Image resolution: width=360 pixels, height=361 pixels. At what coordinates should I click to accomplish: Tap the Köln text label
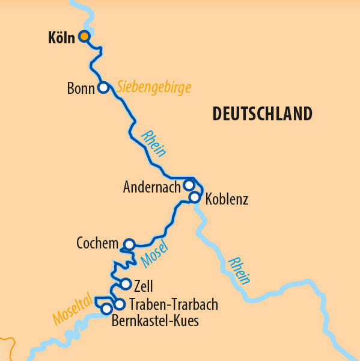click(61, 38)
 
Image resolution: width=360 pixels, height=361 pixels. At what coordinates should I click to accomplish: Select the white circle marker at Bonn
click(103, 88)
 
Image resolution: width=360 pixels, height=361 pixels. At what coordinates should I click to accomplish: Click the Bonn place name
click(81, 89)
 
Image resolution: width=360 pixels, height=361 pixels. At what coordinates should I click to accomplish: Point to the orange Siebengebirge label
click(154, 87)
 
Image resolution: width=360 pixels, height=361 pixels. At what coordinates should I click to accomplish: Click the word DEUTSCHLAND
click(262, 114)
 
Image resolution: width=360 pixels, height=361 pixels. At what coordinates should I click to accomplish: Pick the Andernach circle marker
click(188, 185)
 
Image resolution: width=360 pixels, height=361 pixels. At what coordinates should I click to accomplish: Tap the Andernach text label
click(151, 187)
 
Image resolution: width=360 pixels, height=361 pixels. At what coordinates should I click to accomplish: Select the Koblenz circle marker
click(194, 197)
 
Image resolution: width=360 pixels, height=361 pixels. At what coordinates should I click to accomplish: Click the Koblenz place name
click(227, 199)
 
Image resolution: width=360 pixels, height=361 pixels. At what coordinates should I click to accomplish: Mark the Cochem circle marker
click(129, 244)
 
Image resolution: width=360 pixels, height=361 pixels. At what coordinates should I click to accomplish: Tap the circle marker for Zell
click(126, 284)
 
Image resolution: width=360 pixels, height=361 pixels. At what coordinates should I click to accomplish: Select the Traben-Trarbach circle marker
click(119, 304)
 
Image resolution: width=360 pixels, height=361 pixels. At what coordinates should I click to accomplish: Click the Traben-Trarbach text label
click(174, 304)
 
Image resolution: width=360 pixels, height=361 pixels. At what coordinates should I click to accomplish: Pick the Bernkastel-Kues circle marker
click(106, 309)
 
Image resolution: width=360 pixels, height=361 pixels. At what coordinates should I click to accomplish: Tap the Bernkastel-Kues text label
click(155, 321)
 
